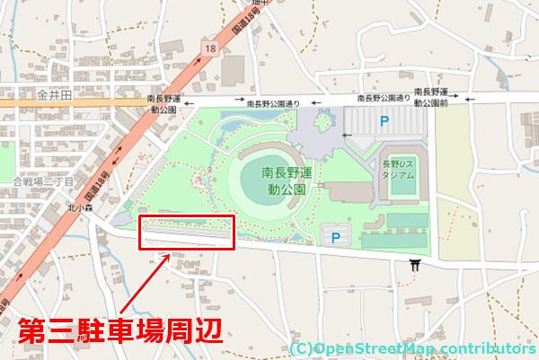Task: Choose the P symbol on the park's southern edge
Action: tap(337, 237)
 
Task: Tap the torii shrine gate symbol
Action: tap(415, 266)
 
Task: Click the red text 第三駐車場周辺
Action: tap(119, 331)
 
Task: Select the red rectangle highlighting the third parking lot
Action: tap(187, 233)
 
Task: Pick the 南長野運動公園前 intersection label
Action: tap(430, 99)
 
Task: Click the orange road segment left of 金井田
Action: tap(13, 103)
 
